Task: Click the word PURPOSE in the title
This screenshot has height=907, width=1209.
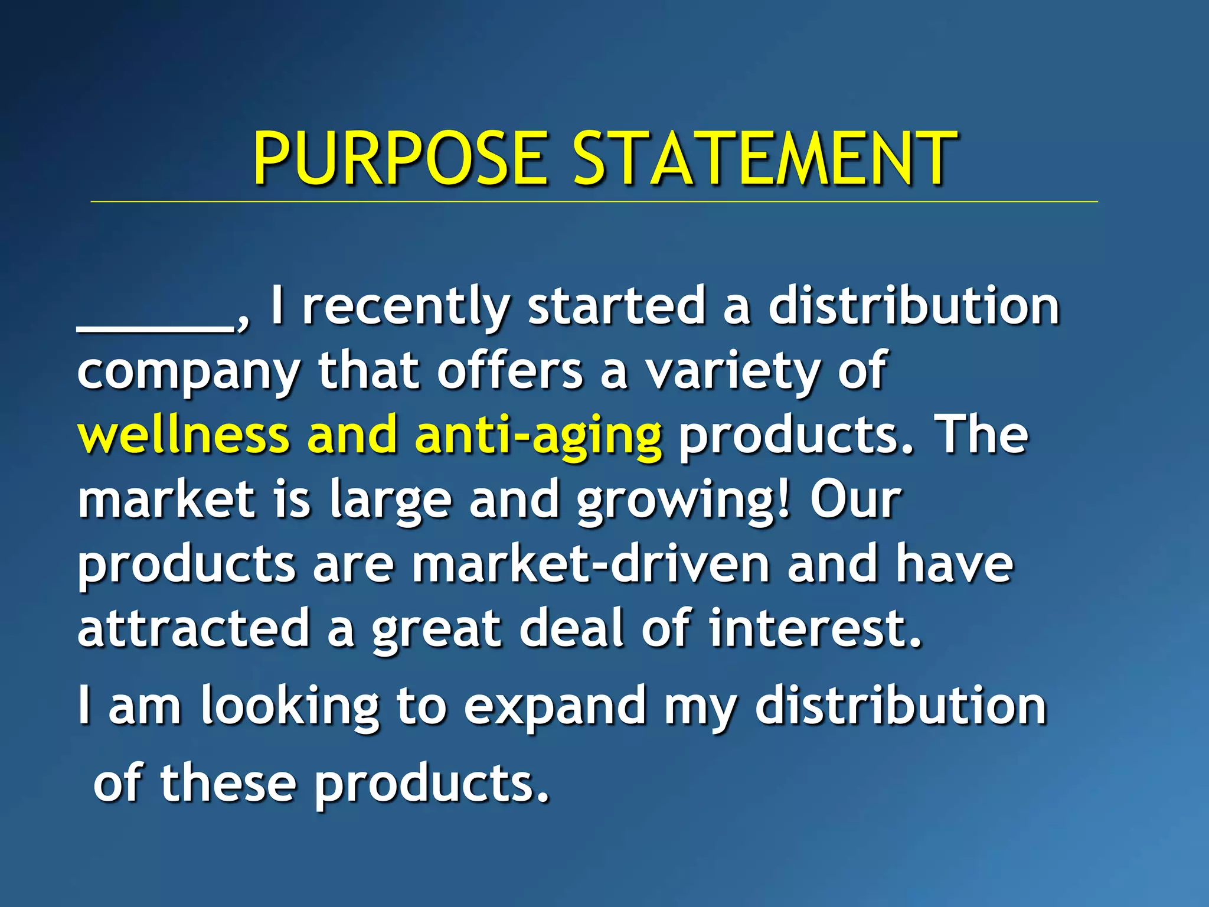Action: pyautogui.click(x=400, y=158)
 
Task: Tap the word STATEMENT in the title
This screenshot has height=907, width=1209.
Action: pyautogui.click(x=765, y=158)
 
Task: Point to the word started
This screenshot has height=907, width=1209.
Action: pyautogui.click(x=616, y=307)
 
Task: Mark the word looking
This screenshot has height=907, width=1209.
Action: pyautogui.click(x=290, y=707)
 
